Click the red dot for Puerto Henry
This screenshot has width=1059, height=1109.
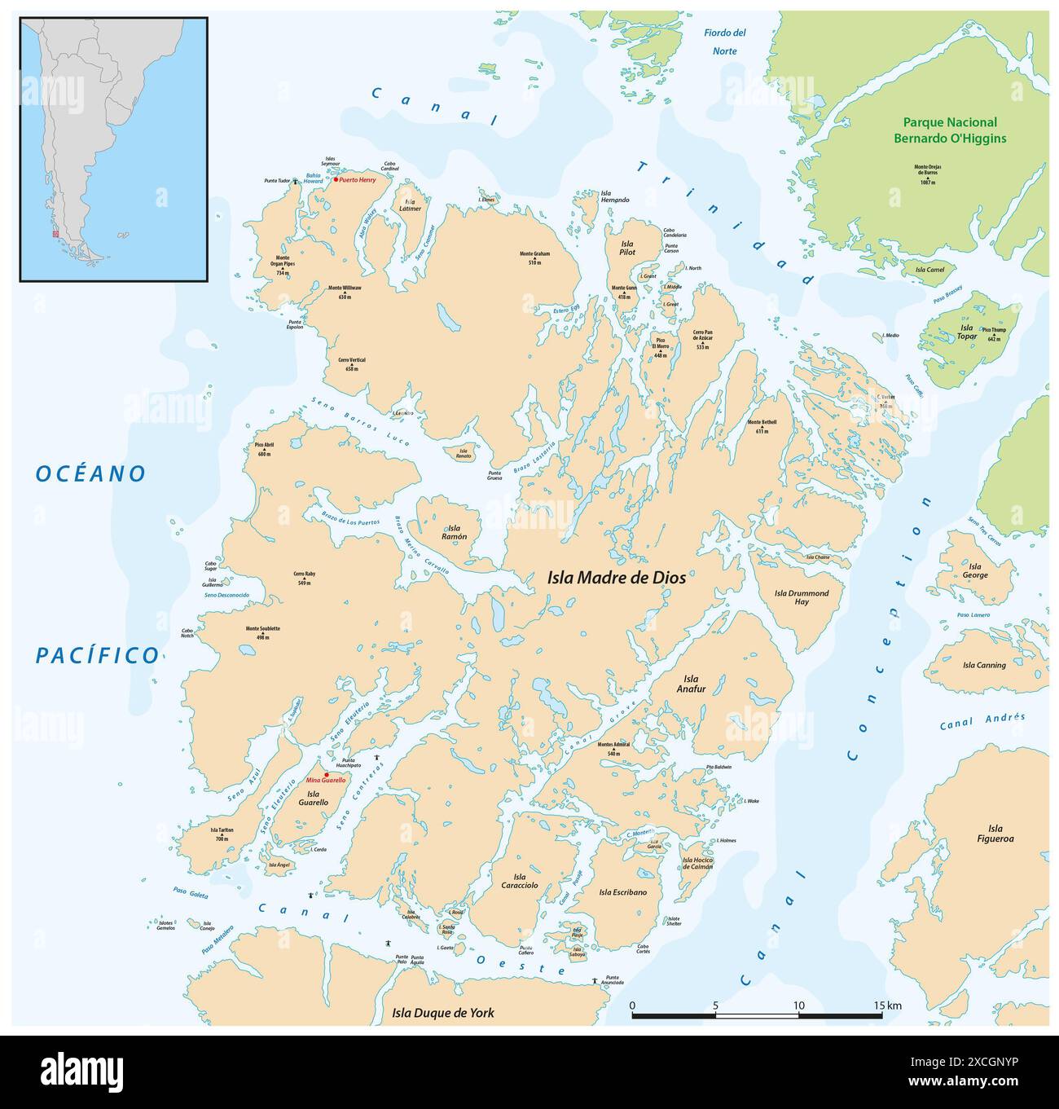pyautogui.click(x=336, y=179)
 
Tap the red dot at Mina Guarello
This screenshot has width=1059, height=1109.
pyautogui.click(x=326, y=774)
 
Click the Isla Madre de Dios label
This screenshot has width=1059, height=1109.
pyautogui.click(x=615, y=578)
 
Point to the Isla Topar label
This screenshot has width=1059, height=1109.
pyautogui.click(x=966, y=332)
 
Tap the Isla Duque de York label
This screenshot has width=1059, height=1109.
pyautogui.click(x=442, y=1013)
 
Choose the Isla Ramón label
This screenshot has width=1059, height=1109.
pyautogui.click(x=455, y=532)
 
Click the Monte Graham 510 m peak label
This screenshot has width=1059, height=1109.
pyautogui.click(x=534, y=257)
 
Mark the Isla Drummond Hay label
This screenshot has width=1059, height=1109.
pyautogui.click(x=802, y=597)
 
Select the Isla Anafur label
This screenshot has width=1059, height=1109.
pyautogui.click(x=691, y=684)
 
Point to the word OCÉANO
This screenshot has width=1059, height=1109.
pyautogui.click(x=91, y=473)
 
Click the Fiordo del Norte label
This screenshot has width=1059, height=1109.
pyautogui.click(x=725, y=41)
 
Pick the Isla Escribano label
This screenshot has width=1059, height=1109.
pyautogui.click(x=622, y=892)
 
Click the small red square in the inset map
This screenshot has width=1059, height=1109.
pyautogui.click(x=55, y=235)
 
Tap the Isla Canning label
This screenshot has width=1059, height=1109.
pyautogui.click(x=984, y=665)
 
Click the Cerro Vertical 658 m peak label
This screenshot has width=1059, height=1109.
pyautogui.click(x=352, y=363)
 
